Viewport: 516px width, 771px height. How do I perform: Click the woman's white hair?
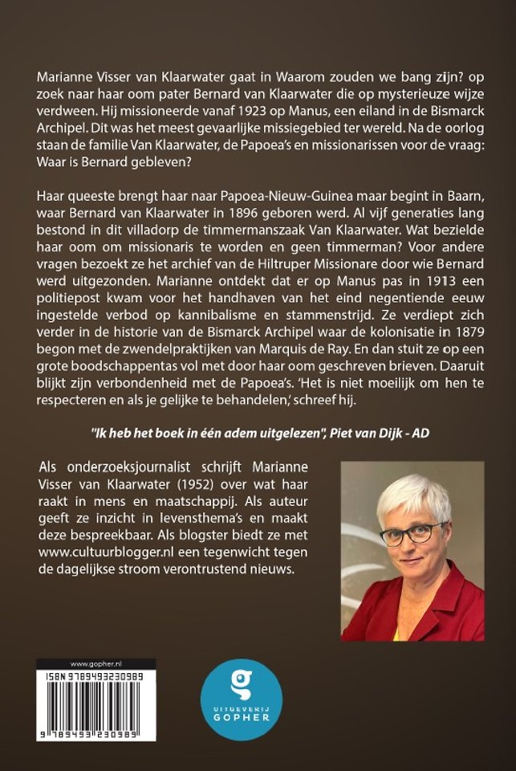point(409,498)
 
